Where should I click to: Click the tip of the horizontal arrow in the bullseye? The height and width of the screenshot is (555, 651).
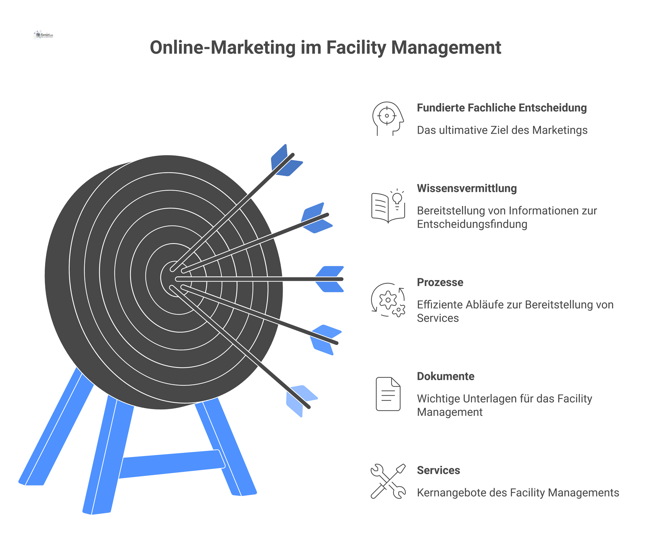177,279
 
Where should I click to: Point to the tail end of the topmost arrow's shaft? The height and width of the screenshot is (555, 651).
293,155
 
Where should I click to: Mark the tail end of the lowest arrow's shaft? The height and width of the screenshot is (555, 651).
309,407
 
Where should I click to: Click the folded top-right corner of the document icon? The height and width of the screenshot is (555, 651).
396,382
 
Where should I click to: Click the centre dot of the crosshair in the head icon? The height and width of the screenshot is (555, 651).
387,116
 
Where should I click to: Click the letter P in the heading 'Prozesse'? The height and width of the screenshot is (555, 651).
420,282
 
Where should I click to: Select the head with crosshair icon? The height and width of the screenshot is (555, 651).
388,119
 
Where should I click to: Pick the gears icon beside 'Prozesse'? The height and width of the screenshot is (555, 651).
388,300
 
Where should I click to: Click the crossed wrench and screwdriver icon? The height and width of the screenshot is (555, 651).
388,481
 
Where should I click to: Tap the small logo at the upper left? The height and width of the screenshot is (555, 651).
44,35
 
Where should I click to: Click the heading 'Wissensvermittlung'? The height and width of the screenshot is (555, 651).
467,188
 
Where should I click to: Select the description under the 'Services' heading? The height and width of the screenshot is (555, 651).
518,493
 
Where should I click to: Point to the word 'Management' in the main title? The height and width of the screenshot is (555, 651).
446,47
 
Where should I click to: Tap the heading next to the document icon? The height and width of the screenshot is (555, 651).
446,376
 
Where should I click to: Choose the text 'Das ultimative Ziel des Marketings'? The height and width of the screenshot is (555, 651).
502,130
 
